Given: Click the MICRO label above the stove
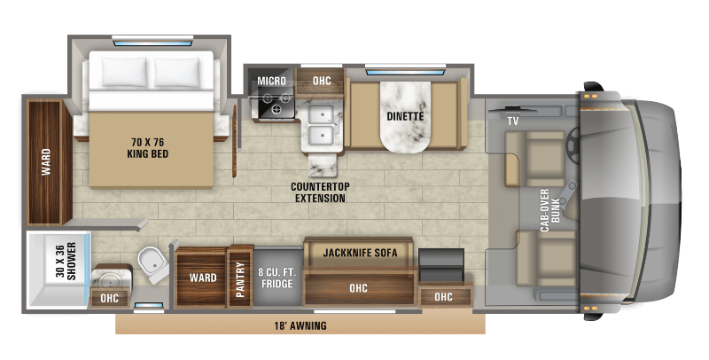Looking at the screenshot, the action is [271, 81].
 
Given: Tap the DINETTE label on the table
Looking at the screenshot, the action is [405, 116].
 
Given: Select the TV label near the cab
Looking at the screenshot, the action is [512, 121].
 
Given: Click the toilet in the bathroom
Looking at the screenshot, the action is [152, 263].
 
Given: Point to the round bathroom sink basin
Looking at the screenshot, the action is [109, 281].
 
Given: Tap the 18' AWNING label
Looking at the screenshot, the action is [300, 325].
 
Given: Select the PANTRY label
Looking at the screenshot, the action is [240, 280].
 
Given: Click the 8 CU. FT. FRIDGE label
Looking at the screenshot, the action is [277, 278].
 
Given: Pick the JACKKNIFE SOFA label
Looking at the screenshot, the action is [360, 253].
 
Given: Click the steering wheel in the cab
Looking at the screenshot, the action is [572, 145].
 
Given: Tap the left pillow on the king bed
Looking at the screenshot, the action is [124, 72].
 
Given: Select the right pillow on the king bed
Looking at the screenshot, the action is [176, 72].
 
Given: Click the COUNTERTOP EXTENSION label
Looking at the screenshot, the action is [320, 192].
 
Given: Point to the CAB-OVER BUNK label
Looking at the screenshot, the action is [550, 210].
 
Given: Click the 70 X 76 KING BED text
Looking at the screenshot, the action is [147, 148].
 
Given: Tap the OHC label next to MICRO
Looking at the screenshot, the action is [322, 81].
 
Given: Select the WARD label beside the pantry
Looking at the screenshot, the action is [203, 278].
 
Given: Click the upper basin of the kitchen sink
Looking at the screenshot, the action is [321, 113].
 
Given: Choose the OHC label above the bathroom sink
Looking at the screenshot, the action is [109, 298].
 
